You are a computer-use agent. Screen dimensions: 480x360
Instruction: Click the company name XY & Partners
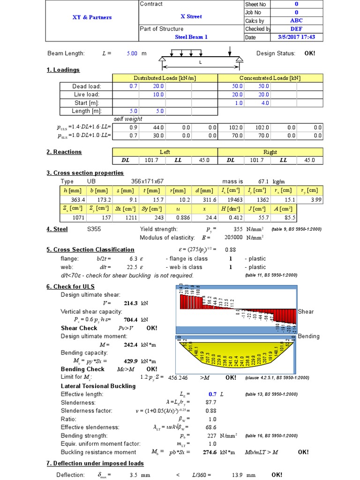pyautogui.click(x=92, y=17)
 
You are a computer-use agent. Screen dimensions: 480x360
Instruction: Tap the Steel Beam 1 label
pyautogui.click(x=191, y=37)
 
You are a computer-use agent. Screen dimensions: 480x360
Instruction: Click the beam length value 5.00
pyautogui.click(x=132, y=53)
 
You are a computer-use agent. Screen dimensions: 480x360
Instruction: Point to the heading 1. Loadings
pyautogui.click(x=63, y=70)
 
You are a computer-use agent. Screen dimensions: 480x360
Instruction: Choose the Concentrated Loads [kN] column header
pyautogui.click(x=270, y=78)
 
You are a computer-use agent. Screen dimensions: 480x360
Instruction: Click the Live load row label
pyautogui.click(x=87, y=95)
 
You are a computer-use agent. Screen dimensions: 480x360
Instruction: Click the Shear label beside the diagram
pyautogui.click(x=306, y=312)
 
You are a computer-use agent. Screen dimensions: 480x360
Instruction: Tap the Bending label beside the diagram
pyautogui.click(x=308, y=336)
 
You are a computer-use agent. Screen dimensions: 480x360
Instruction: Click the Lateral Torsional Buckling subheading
pyautogui.click(x=98, y=386)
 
